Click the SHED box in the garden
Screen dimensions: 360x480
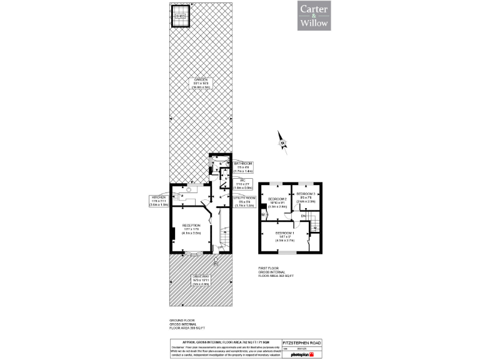tap(181, 16)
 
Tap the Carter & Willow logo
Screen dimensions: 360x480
tap(314, 16)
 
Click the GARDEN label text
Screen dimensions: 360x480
tap(200, 83)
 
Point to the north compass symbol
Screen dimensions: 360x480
tap(281, 142)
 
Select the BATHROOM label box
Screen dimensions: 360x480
tap(244, 166)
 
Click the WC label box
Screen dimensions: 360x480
tap(244, 183)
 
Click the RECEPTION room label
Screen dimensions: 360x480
tap(191, 228)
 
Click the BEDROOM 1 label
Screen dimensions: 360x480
tap(285, 235)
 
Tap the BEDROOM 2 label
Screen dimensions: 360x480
tap(277, 202)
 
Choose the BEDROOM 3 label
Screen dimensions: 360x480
tap(306, 198)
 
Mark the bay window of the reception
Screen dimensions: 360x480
tap(192, 253)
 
